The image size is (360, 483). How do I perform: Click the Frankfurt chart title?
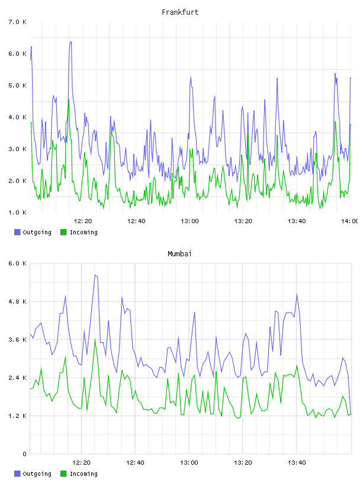coord(180,12)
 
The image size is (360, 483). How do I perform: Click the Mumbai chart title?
coord(179,253)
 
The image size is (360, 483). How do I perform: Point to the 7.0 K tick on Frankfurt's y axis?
coord(17,22)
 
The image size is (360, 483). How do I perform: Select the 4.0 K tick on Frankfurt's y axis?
coord(17,117)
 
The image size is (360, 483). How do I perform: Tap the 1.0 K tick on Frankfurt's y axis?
coord(17,212)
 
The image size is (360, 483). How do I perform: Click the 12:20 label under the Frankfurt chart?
coord(83,221)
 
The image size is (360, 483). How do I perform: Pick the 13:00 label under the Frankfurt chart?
coord(189,221)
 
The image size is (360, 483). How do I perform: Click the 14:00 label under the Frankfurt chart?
coord(349,221)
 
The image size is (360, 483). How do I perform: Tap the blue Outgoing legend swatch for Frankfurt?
coord(17,232)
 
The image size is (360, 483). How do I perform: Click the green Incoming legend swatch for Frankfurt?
coord(63,232)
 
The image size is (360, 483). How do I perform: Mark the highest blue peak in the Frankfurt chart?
coord(70,42)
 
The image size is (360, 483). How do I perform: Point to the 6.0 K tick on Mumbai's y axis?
coord(17,263)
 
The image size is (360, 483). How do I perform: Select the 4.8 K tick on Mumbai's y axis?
coord(17,301)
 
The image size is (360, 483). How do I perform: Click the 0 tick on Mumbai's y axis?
coord(24,454)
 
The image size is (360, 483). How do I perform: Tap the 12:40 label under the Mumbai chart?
coord(135,462)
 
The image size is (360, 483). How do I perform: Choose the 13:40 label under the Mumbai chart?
coord(297,462)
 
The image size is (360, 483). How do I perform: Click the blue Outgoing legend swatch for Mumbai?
coord(17,474)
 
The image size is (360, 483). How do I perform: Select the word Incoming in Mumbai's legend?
coord(83,474)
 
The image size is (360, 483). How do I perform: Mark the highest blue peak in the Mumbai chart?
coord(95,275)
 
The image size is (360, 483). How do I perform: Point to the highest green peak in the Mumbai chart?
coord(95,339)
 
